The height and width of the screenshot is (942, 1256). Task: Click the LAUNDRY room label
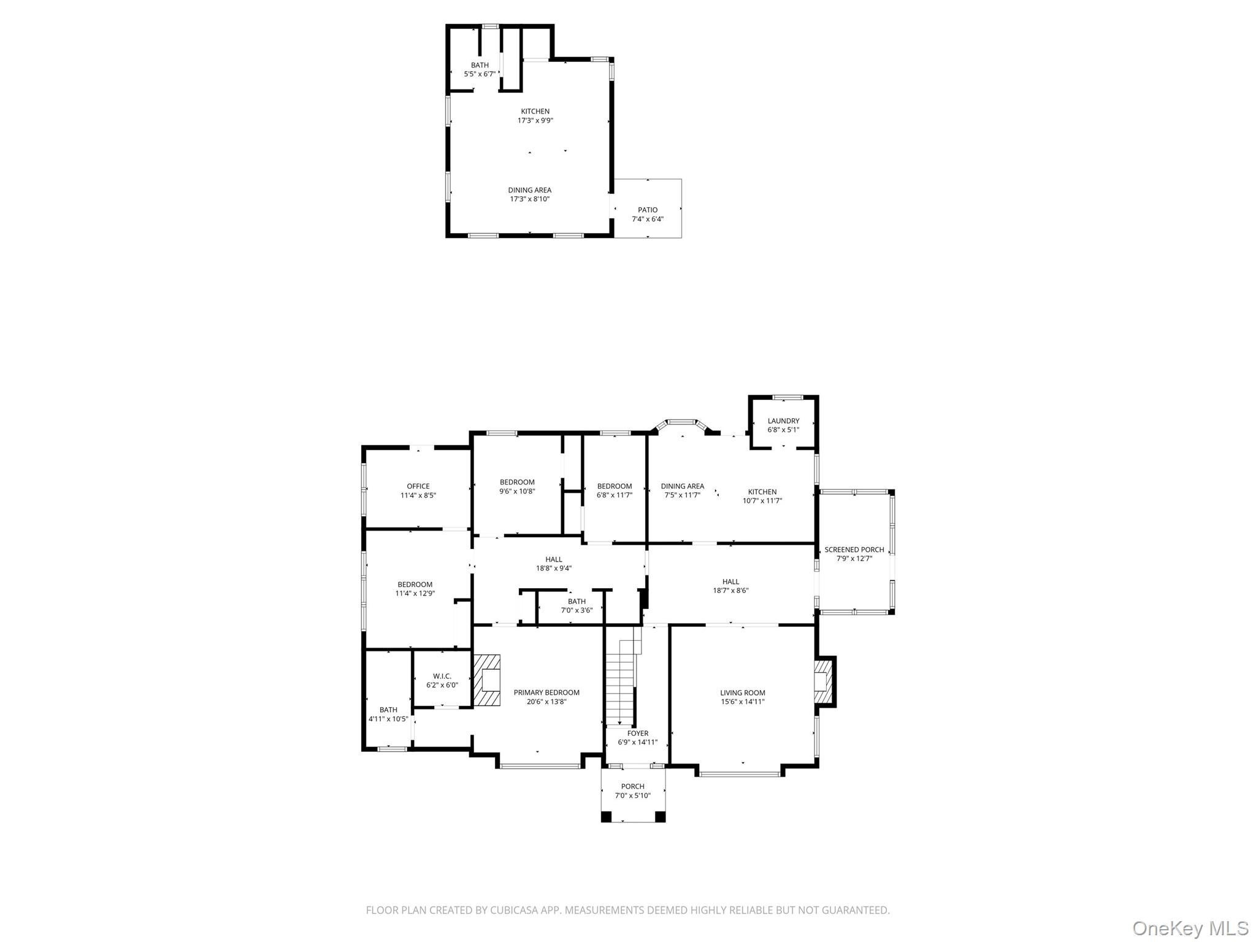[783, 421]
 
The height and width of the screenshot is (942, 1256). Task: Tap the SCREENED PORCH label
[854, 549]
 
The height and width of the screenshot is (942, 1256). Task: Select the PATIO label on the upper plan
[648, 210]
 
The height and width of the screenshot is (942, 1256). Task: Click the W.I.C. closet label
[442, 676]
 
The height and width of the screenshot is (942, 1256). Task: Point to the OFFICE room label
[418, 486]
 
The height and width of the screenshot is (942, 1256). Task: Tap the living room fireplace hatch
[823, 680]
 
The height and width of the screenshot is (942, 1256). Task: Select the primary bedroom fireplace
[487, 680]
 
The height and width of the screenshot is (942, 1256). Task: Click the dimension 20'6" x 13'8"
[546, 702]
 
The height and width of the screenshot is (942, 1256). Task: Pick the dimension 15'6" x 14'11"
[743, 702]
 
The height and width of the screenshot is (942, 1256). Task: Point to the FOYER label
[637, 733]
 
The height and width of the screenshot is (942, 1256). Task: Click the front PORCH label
[632, 786]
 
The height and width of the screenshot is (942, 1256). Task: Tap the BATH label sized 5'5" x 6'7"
[480, 65]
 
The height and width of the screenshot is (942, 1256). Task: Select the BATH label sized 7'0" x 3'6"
[576, 601]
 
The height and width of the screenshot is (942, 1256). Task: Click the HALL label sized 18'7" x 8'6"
[730, 581]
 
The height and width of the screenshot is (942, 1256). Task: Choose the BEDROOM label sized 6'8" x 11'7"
[614, 486]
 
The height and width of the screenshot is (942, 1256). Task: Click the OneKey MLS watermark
[1190, 928]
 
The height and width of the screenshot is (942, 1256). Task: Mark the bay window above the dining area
[682, 423]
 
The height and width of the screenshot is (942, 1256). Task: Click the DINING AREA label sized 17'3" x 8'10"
[529, 190]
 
